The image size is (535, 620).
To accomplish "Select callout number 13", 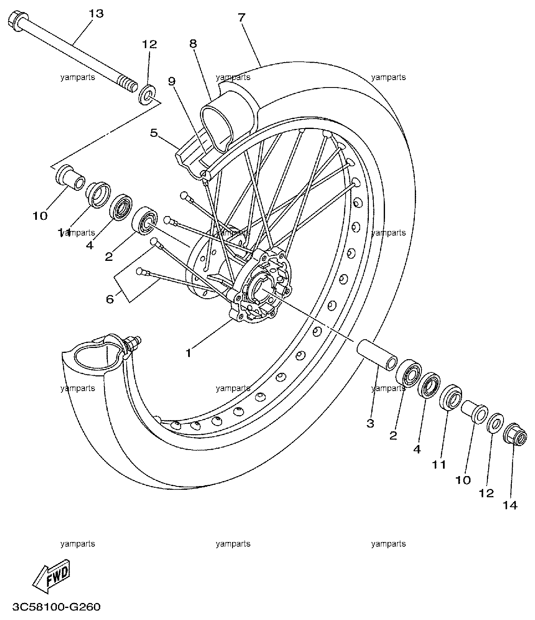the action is pos(96,14).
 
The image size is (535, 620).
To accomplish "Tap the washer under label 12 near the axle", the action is pos(148,95).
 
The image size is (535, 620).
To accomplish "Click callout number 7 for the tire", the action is pos(242,18).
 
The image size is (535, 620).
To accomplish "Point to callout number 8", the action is pos(193,44).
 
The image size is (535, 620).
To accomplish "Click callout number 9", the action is pos(172,81).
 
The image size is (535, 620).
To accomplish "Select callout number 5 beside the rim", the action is pos(154,133).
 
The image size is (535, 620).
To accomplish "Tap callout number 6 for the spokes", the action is pos(110,299).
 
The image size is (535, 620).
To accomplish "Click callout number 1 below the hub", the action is pos(189,353).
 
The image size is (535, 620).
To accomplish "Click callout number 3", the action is pos(370,424).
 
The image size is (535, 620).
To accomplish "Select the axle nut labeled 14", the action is pos(515,433).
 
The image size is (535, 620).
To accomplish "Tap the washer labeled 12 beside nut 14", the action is pos(495,423).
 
